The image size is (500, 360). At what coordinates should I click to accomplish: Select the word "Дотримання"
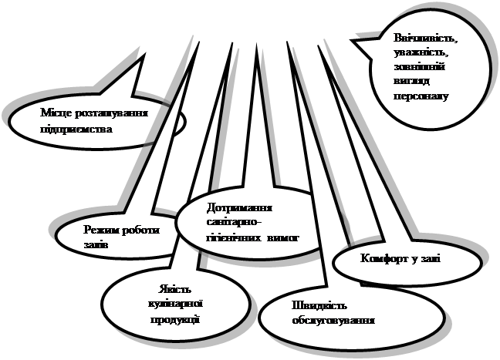241,208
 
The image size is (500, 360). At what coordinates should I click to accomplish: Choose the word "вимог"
282,238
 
